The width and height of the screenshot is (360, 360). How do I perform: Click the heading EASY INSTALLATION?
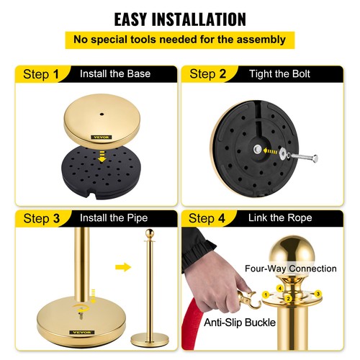point(179,18)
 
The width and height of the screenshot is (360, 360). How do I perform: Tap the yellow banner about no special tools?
point(179,40)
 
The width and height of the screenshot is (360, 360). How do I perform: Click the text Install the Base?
point(119,73)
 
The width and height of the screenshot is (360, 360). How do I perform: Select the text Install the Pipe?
point(119,217)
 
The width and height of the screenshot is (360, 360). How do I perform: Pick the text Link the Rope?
point(280,217)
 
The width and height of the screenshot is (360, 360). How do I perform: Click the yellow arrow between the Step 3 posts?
point(123,268)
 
